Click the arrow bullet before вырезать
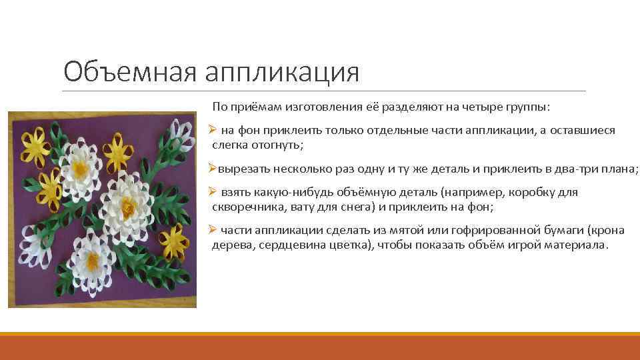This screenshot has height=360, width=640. click(x=212, y=168)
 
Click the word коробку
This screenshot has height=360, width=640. click(x=533, y=192)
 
